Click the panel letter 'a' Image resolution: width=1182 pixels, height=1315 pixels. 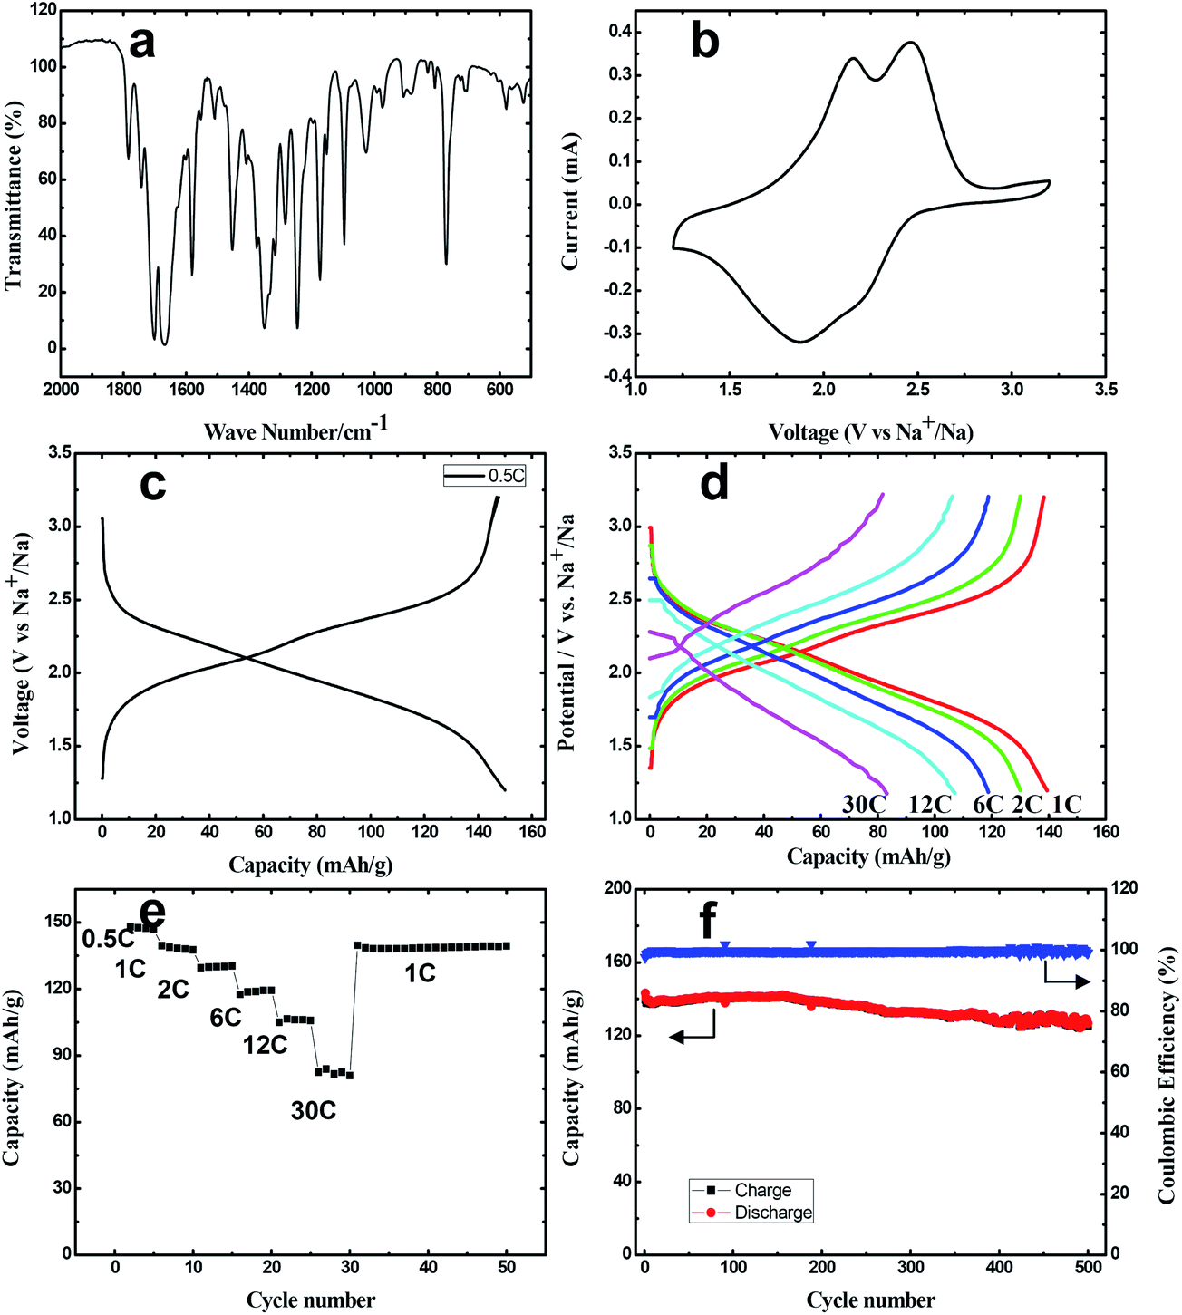coord(141,42)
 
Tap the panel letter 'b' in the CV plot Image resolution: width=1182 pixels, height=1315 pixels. coord(704,42)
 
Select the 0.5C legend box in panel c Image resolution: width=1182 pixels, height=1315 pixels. coord(485,475)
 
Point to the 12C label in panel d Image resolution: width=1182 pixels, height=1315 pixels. coord(930,804)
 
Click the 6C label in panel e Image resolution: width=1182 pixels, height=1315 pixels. coord(226,1018)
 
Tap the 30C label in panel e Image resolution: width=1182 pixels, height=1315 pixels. coord(314,1110)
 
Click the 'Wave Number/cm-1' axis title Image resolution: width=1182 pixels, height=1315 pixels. coord(295,430)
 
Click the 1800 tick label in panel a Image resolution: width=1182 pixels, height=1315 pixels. coord(124,390)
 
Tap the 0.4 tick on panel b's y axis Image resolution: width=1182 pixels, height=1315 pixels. coord(620,33)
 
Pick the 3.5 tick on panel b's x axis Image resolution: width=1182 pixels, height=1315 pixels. coord(1105,390)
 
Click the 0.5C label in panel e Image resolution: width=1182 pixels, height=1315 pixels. coord(108,939)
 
